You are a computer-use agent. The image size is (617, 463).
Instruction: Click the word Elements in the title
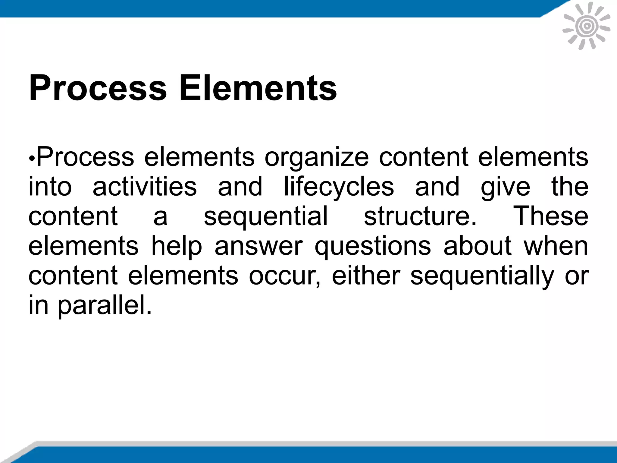(258, 88)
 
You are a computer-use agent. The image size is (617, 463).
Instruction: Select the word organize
(316, 157)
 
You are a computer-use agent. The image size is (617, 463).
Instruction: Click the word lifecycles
(339, 187)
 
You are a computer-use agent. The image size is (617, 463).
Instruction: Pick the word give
(505, 187)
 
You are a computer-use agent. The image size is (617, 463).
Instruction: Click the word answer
(258, 246)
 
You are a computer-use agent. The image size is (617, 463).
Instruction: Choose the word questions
(373, 246)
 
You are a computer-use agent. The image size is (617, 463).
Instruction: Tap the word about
(477, 245)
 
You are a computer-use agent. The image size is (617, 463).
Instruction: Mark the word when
(556, 245)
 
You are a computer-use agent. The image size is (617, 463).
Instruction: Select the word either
(366, 275)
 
